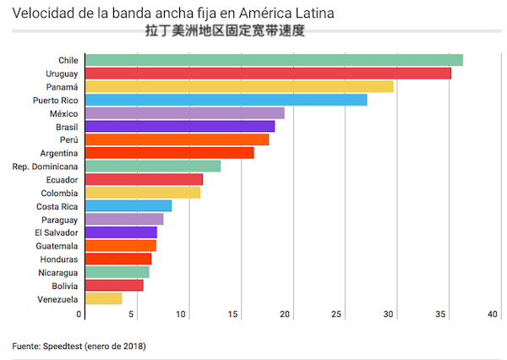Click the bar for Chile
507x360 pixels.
274,60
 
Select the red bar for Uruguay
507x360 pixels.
268,74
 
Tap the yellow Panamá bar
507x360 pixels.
239,86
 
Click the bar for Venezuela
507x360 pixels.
103,298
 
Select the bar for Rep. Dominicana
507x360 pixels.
153,166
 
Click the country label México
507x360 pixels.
63,113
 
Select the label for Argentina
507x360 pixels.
58,153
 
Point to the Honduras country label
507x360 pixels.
58,259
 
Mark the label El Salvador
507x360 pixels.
56,232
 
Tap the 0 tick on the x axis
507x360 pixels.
80,314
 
